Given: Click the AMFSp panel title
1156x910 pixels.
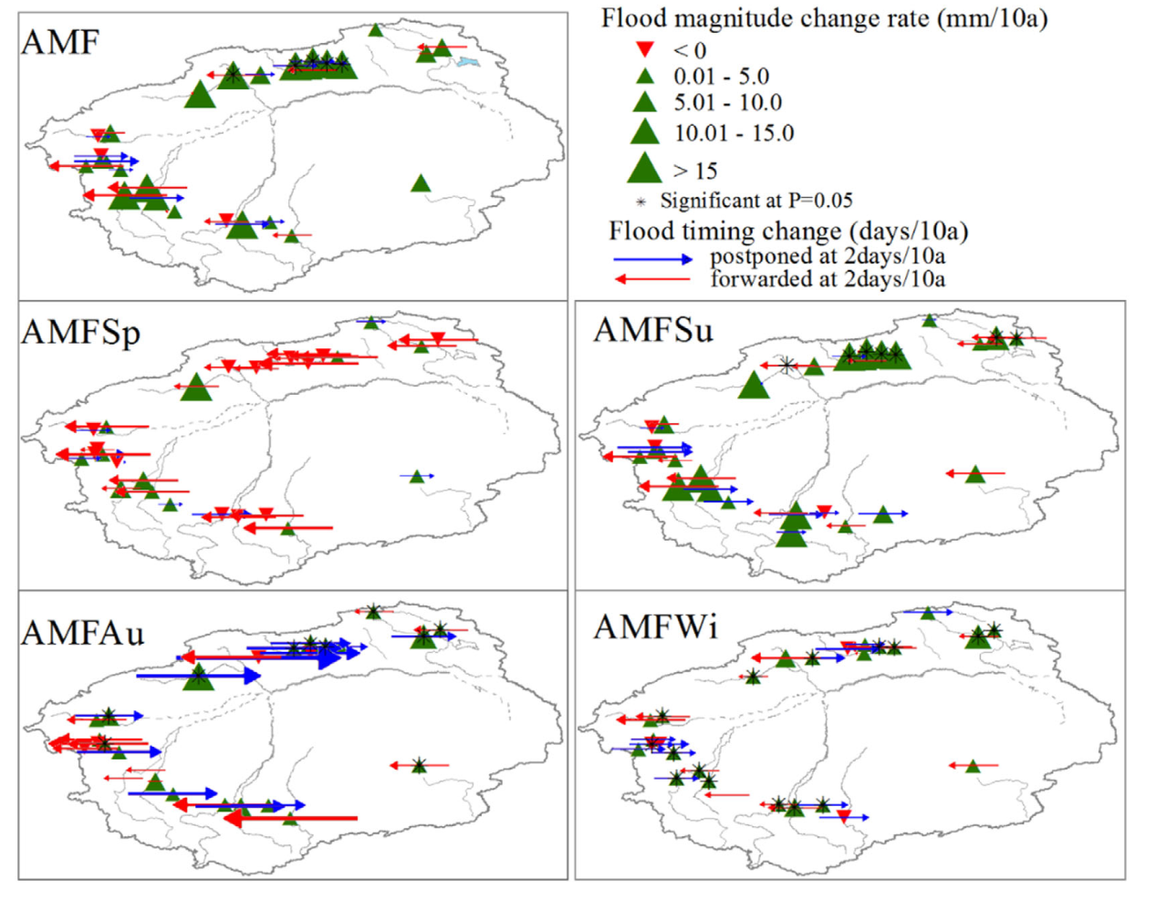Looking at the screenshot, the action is click(x=81, y=333).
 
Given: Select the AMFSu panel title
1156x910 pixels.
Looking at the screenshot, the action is click(x=654, y=329).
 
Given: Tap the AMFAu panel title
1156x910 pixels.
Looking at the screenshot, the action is click(x=83, y=633).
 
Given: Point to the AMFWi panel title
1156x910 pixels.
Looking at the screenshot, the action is click(x=655, y=626).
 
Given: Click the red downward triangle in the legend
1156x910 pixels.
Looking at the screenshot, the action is click(x=645, y=49).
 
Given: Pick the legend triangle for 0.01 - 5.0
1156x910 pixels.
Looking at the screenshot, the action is click(x=645, y=77).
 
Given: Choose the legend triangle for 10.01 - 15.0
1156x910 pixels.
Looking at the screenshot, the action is click(x=645, y=132).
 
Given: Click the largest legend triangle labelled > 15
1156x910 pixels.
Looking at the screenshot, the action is click(x=645, y=168).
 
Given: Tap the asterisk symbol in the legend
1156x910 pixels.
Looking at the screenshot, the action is click(x=640, y=202).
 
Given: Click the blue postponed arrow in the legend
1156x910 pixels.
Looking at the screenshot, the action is click(x=653, y=259).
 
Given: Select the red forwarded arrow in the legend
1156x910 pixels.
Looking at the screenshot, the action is click(x=652, y=279).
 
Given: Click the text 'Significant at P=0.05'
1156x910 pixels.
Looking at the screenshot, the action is click(x=756, y=201).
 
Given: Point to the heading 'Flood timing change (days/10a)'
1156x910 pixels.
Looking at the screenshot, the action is click(x=788, y=232).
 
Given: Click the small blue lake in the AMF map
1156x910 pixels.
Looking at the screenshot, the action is click(x=468, y=63).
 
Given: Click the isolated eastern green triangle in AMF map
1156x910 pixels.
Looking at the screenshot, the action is click(x=421, y=183).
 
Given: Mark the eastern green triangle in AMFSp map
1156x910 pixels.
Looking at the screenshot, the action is click(x=417, y=477).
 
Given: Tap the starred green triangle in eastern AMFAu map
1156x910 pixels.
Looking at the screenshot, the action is click(x=420, y=766).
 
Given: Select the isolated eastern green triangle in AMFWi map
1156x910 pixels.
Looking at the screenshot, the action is click(x=973, y=766).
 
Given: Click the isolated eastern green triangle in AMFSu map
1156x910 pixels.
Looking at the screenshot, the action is click(x=975, y=474).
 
